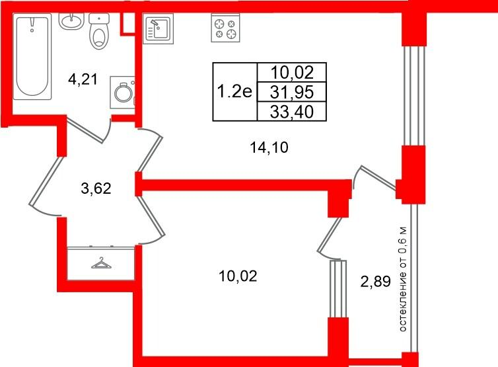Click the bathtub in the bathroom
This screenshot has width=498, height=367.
(x=32, y=56)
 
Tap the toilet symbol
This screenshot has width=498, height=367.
(x=99, y=31)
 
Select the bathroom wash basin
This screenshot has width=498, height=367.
(x=71, y=21)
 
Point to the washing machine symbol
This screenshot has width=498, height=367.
(x=123, y=92)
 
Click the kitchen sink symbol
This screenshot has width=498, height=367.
(x=158, y=28)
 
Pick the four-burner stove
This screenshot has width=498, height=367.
(x=225, y=28)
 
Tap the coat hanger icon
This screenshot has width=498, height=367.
(x=102, y=263)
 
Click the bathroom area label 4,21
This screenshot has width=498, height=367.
(x=83, y=79)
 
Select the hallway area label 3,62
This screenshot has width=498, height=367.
(x=96, y=188)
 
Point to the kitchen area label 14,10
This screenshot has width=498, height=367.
(x=269, y=147)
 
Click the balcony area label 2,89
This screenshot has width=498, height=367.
(x=375, y=282)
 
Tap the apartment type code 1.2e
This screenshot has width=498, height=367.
(x=234, y=92)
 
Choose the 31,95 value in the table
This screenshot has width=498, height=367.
(x=292, y=92)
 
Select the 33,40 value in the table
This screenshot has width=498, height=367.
(x=292, y=112)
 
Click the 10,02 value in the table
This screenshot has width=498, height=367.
(x=292, y=73)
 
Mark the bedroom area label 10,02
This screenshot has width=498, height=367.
(x=238, y=276)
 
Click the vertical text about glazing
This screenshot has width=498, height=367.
(x=402, y=279)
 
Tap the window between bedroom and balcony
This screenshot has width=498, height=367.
(x=338, y=289)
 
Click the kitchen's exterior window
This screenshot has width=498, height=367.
(x=414, y=96)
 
